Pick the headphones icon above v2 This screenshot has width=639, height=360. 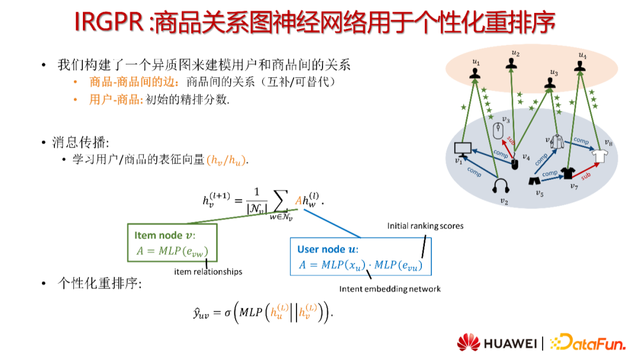click(502, 187)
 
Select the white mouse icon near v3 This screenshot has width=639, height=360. click(498, 130)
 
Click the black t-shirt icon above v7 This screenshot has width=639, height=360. click(569, 173)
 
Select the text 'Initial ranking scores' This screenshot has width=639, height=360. click(425, 226)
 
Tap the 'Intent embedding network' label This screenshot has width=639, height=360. click(390, 289)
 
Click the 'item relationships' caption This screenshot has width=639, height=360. click(208, 272)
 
